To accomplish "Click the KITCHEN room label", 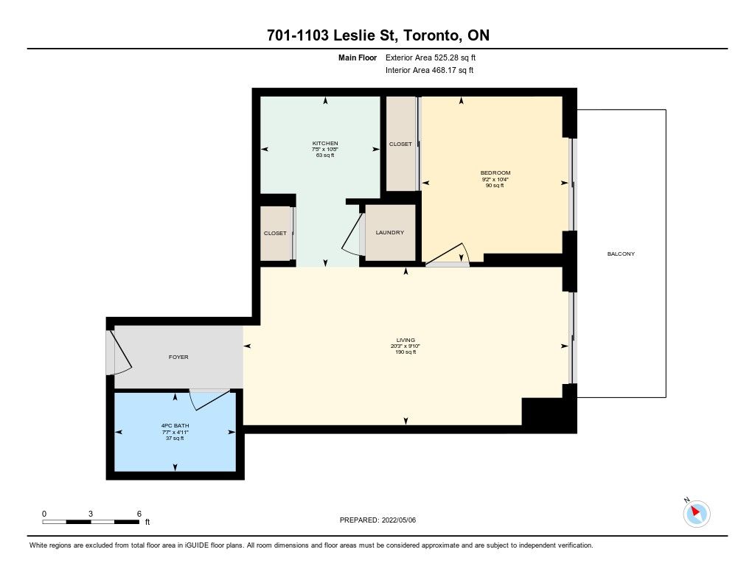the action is pyautogui.click(x=325, y=144).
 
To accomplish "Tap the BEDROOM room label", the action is pyautogui.click(x=495, y=172).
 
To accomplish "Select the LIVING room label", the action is pyautogui.click(x=406, y=340).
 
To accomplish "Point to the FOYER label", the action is pyautogui.click(x=178, y=357).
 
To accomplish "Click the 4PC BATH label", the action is pyautogui.click(x=175, y=425).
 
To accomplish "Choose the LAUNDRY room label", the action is pyautogui.click(x=389, y=232).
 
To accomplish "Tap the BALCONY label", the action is pyautogui.click(x=621, y=254).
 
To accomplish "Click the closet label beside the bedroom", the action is pyautogui.click(x=400, y=144).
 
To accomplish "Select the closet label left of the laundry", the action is pyautogui.click(x=275, y=233).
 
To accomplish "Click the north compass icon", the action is pyautogui.click(x=696, y=513).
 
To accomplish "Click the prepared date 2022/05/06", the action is pyautogui.click(x=399, y=520).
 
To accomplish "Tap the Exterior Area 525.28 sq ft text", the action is pyautogui.click(x=431, y=57).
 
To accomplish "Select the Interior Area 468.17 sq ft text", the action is pyautogui.click(x=429, y=70).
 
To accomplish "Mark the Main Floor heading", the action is pyautogui.click(x=358, y=57).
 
